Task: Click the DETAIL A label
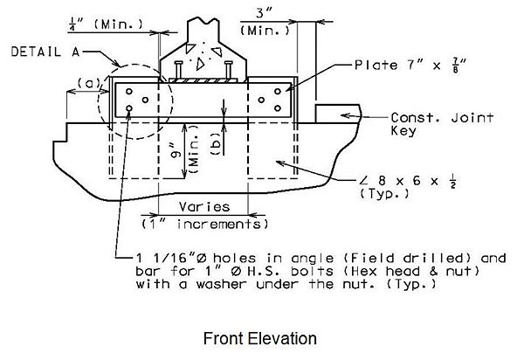(45, 52)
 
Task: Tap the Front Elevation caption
(260, 338)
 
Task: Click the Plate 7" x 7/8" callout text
(410, 65)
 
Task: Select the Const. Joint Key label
(442, 124)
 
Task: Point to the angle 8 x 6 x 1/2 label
(408, 186)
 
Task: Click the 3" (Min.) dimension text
(265, 22)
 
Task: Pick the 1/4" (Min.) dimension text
(106, 24)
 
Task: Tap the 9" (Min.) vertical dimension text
(185, 149)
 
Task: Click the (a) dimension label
(88, 83)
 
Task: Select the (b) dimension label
(216, 143)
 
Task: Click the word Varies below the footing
(204, 207)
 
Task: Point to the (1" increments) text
(204, 224)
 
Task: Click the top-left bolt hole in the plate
(129, 91)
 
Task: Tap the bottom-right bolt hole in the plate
(278, 108)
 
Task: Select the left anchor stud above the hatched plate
(178, 70)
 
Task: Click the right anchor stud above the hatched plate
(229, 70)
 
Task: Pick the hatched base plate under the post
(203, 80)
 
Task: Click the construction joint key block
(337, 114)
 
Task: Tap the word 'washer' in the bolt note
(221, 284)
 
